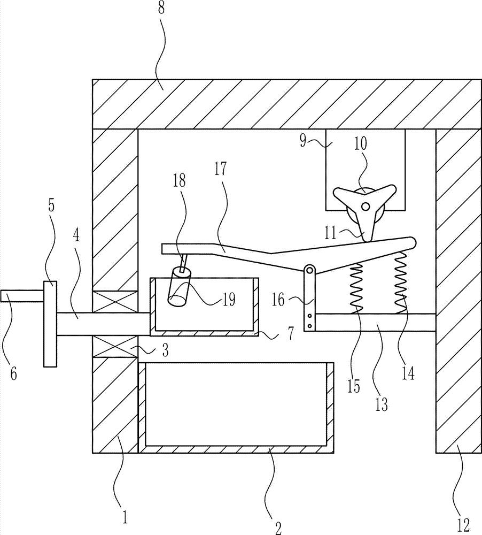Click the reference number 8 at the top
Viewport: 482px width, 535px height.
tap(161, 8)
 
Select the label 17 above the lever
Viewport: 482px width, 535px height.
tap(220, 169)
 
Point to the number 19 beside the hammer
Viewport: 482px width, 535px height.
tap(229, 300)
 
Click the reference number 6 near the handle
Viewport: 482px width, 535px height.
tap(13, 374)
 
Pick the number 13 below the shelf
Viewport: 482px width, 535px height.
tap(382, 404)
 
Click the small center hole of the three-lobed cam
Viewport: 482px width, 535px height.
tap(366, 207)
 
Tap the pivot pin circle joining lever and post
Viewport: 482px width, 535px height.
tap(309, 270)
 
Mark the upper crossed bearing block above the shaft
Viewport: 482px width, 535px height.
tap(115, 302)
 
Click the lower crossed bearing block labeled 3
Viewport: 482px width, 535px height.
tap(115, 346)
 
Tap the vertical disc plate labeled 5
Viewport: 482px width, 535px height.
tap(50, 324)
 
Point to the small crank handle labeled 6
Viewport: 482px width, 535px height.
tap(22, 296)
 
